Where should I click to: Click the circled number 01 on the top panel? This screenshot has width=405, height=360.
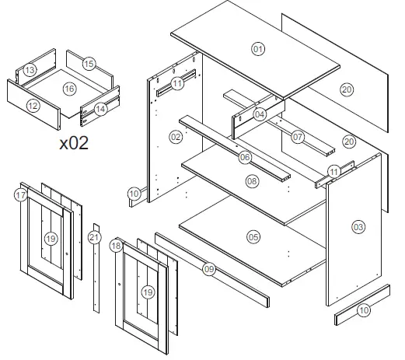pos(258,49)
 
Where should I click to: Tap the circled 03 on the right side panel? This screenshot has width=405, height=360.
pos(358,227)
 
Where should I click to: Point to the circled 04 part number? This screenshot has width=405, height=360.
pos(260,114)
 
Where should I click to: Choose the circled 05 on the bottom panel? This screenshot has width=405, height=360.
pos(253,236)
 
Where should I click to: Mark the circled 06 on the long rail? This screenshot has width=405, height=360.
pos(245,157)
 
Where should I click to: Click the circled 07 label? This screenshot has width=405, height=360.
pos(297,137)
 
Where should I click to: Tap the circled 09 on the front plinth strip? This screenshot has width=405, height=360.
pos(209,269)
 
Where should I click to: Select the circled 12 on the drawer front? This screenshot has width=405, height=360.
pos(33,106)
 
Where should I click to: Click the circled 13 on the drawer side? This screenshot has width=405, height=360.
pos(29,70)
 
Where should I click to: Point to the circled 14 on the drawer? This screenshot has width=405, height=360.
pos(100,110)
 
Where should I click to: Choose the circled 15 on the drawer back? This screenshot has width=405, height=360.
pos(89,63)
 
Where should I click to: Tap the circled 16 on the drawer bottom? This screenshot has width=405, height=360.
pos(69,89)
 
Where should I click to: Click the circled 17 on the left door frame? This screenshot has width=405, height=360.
pos(21,197)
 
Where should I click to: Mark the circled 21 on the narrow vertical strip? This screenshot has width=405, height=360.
pos(95,237)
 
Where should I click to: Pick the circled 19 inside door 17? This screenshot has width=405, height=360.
pos(51,238)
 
